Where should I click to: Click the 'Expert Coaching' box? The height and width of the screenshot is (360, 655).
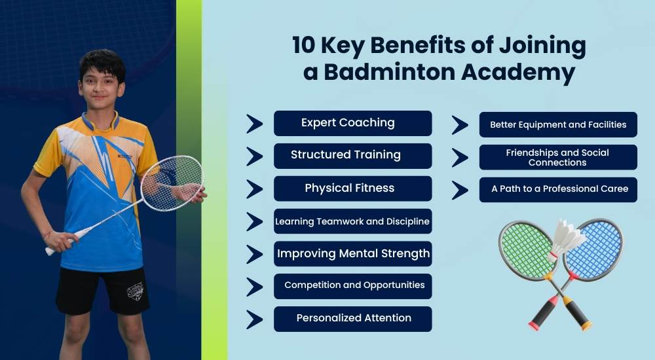pos(352,123)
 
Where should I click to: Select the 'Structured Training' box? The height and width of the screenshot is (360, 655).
pos(352,156)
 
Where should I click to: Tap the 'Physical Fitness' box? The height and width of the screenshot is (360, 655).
pos(352,189)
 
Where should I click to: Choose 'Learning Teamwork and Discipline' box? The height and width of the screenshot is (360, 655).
pos(352,221)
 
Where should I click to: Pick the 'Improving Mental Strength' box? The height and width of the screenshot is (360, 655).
pos(352,253)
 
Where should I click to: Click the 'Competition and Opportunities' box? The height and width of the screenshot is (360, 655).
pos(352,285)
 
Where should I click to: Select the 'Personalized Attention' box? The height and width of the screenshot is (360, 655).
pos(352,318)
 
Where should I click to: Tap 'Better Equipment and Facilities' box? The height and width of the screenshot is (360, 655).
pos(558,124)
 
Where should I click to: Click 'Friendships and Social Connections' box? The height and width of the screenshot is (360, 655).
pos(558,157)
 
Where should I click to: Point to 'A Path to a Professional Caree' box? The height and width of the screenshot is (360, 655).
pos(558,189)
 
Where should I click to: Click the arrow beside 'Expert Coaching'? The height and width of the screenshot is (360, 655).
pos(254,123)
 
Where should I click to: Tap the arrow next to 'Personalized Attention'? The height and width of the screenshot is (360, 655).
pos(254,319)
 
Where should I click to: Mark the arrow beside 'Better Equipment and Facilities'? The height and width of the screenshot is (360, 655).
pos(460,125)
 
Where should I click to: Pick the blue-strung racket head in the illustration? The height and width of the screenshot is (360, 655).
pos(595,248)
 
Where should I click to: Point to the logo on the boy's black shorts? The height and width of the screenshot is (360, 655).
pos(135,290)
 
